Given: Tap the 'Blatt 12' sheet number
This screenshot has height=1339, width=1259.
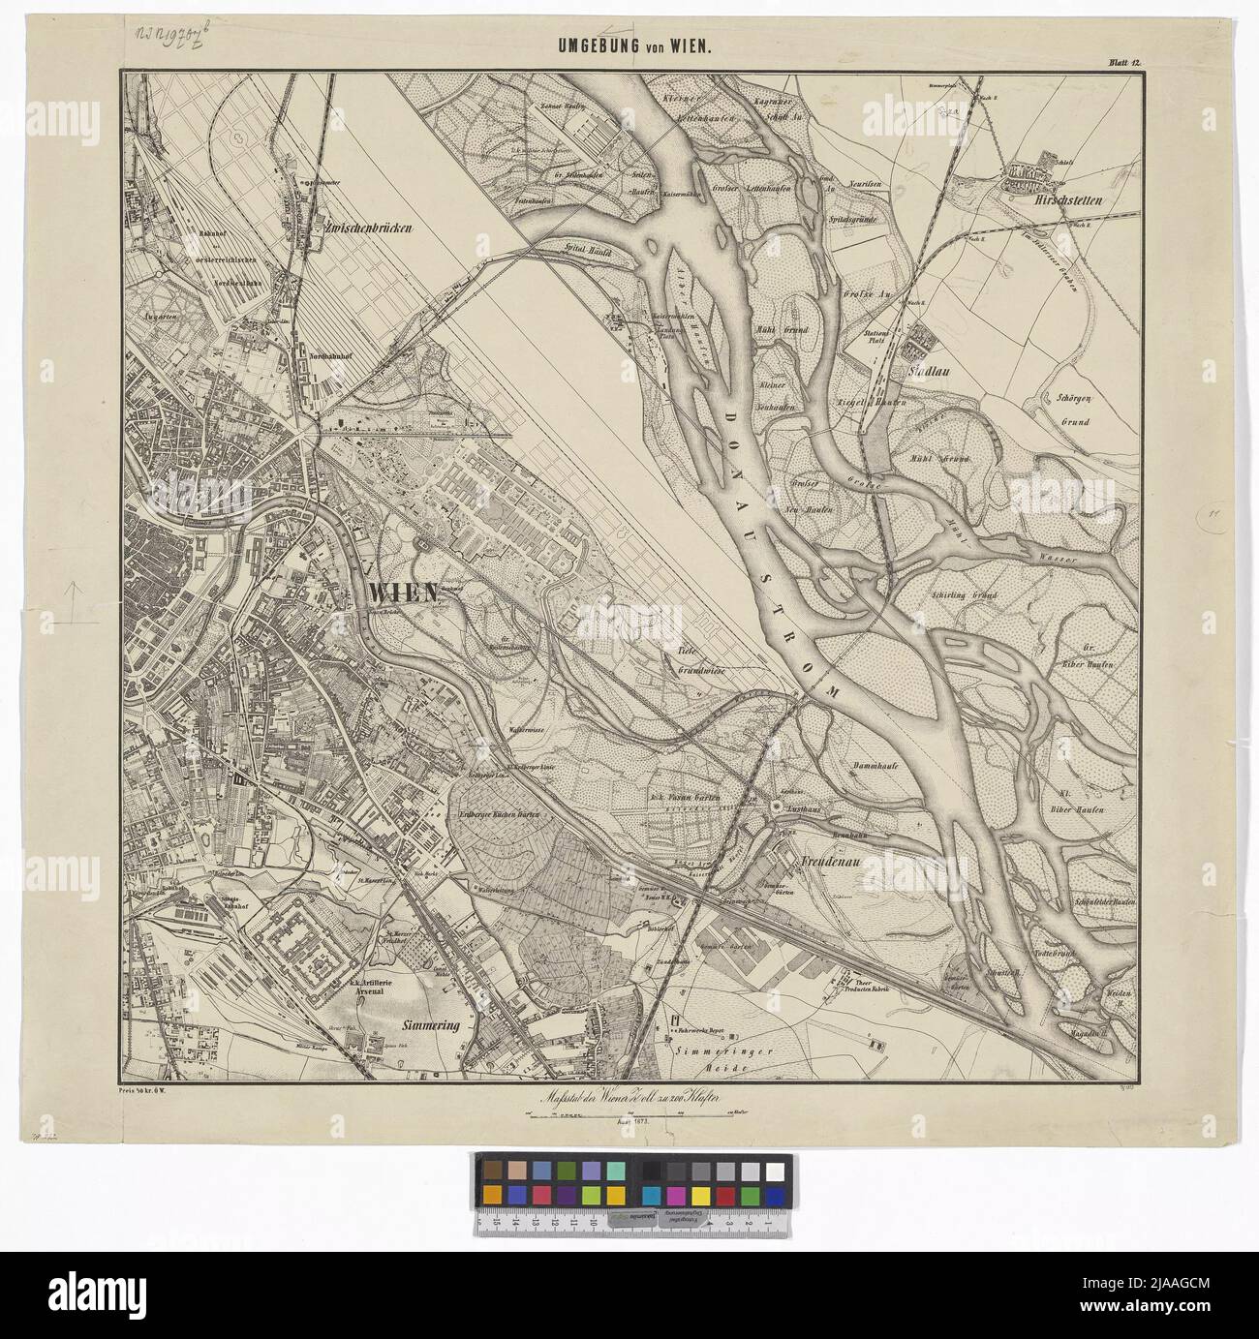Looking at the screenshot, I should click(x=1125, y=64).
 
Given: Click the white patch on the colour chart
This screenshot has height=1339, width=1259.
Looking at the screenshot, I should click(x=774, y=1170).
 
